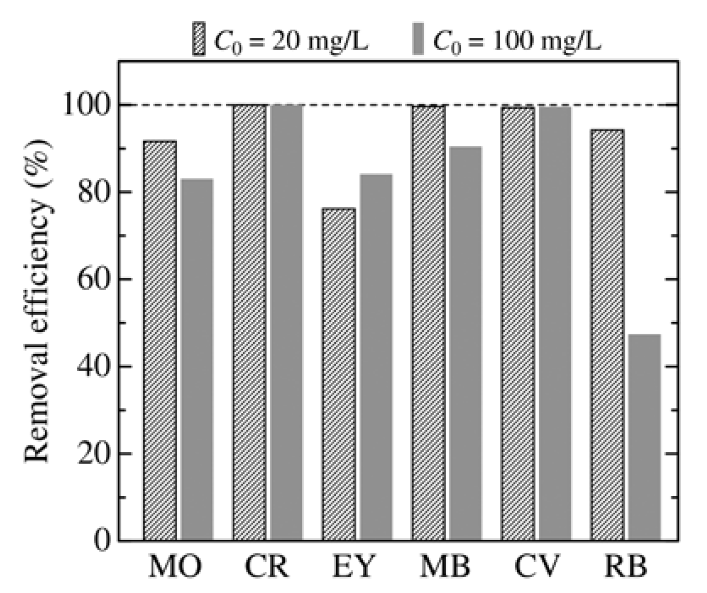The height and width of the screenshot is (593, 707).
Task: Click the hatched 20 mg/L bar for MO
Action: point(160,340)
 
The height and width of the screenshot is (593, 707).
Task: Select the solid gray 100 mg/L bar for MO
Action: point(197,360)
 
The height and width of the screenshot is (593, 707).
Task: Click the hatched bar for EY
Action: point(339,374)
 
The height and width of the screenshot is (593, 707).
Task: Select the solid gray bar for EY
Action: point(376,357)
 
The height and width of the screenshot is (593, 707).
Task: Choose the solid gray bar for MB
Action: point(466,343)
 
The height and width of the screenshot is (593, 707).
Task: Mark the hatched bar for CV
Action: point(518,324)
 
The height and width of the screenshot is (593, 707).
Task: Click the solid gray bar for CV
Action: point(555,324)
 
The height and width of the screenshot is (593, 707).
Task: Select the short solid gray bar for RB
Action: point(644,437)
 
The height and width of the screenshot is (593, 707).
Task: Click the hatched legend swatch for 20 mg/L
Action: point(199,38)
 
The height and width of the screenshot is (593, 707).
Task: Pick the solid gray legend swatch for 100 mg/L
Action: point(418,38)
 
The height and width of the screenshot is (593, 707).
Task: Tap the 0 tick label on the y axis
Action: point(101,540)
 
